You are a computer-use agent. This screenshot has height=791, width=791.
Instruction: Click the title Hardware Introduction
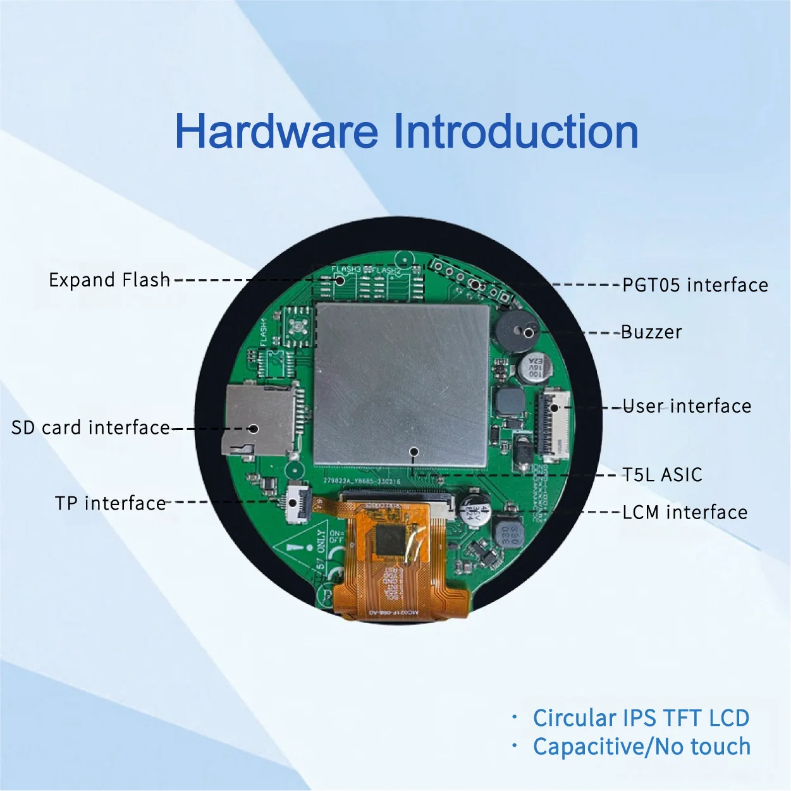(x=406, y=132)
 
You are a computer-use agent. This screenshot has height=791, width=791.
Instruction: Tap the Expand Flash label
(x=109, y=279)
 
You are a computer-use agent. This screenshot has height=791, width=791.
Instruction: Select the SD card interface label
(x=90, y=427)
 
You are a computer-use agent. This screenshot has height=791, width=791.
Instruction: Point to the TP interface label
(x=111, y=503)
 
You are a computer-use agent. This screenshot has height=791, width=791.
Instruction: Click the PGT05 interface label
(x=695, y=285)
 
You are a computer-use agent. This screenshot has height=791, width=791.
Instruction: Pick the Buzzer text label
(x=651, y=332)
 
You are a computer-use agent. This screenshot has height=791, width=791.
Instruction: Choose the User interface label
(x=687, y=406)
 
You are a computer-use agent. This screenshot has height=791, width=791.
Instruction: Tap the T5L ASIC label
(x=662, y=475)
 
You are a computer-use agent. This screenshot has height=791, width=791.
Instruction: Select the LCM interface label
(x=685, y=512)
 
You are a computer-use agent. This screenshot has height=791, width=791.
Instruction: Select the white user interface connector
(x=553, y=422)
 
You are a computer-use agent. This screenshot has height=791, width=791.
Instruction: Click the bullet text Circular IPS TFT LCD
(x=641, y=718)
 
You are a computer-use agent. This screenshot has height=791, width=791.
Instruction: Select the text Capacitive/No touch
(x=641, y=747)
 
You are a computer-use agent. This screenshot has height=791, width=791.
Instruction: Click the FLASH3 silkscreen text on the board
(x=346, y=269)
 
